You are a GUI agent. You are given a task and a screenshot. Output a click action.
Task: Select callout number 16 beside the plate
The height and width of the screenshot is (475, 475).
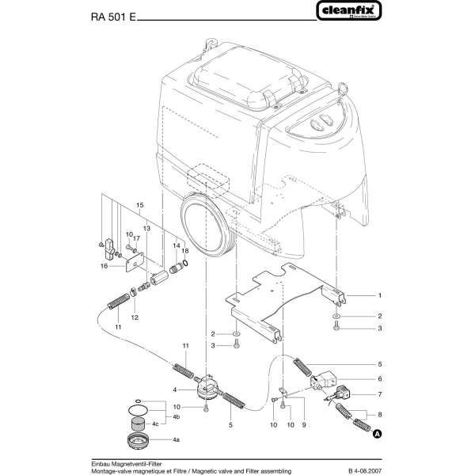(103, 267)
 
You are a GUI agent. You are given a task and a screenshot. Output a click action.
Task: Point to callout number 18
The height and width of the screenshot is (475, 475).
(184, 251)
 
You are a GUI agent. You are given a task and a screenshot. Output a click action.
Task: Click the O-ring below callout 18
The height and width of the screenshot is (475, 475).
(185, 263)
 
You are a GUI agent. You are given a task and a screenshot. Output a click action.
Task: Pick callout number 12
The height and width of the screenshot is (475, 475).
(135, 317)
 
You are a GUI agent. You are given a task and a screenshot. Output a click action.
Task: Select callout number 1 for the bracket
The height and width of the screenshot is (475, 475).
(379, 295)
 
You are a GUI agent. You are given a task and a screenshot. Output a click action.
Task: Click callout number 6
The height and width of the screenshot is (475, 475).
(380, 379)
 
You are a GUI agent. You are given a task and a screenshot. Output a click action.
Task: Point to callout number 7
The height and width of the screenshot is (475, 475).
(380, 394)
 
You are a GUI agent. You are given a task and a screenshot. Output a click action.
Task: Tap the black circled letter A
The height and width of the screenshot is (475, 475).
(377, 434)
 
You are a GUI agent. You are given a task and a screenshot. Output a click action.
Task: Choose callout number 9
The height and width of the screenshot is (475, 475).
(303, 424)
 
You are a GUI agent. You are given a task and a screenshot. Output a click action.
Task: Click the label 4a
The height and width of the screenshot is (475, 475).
(177, 439)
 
